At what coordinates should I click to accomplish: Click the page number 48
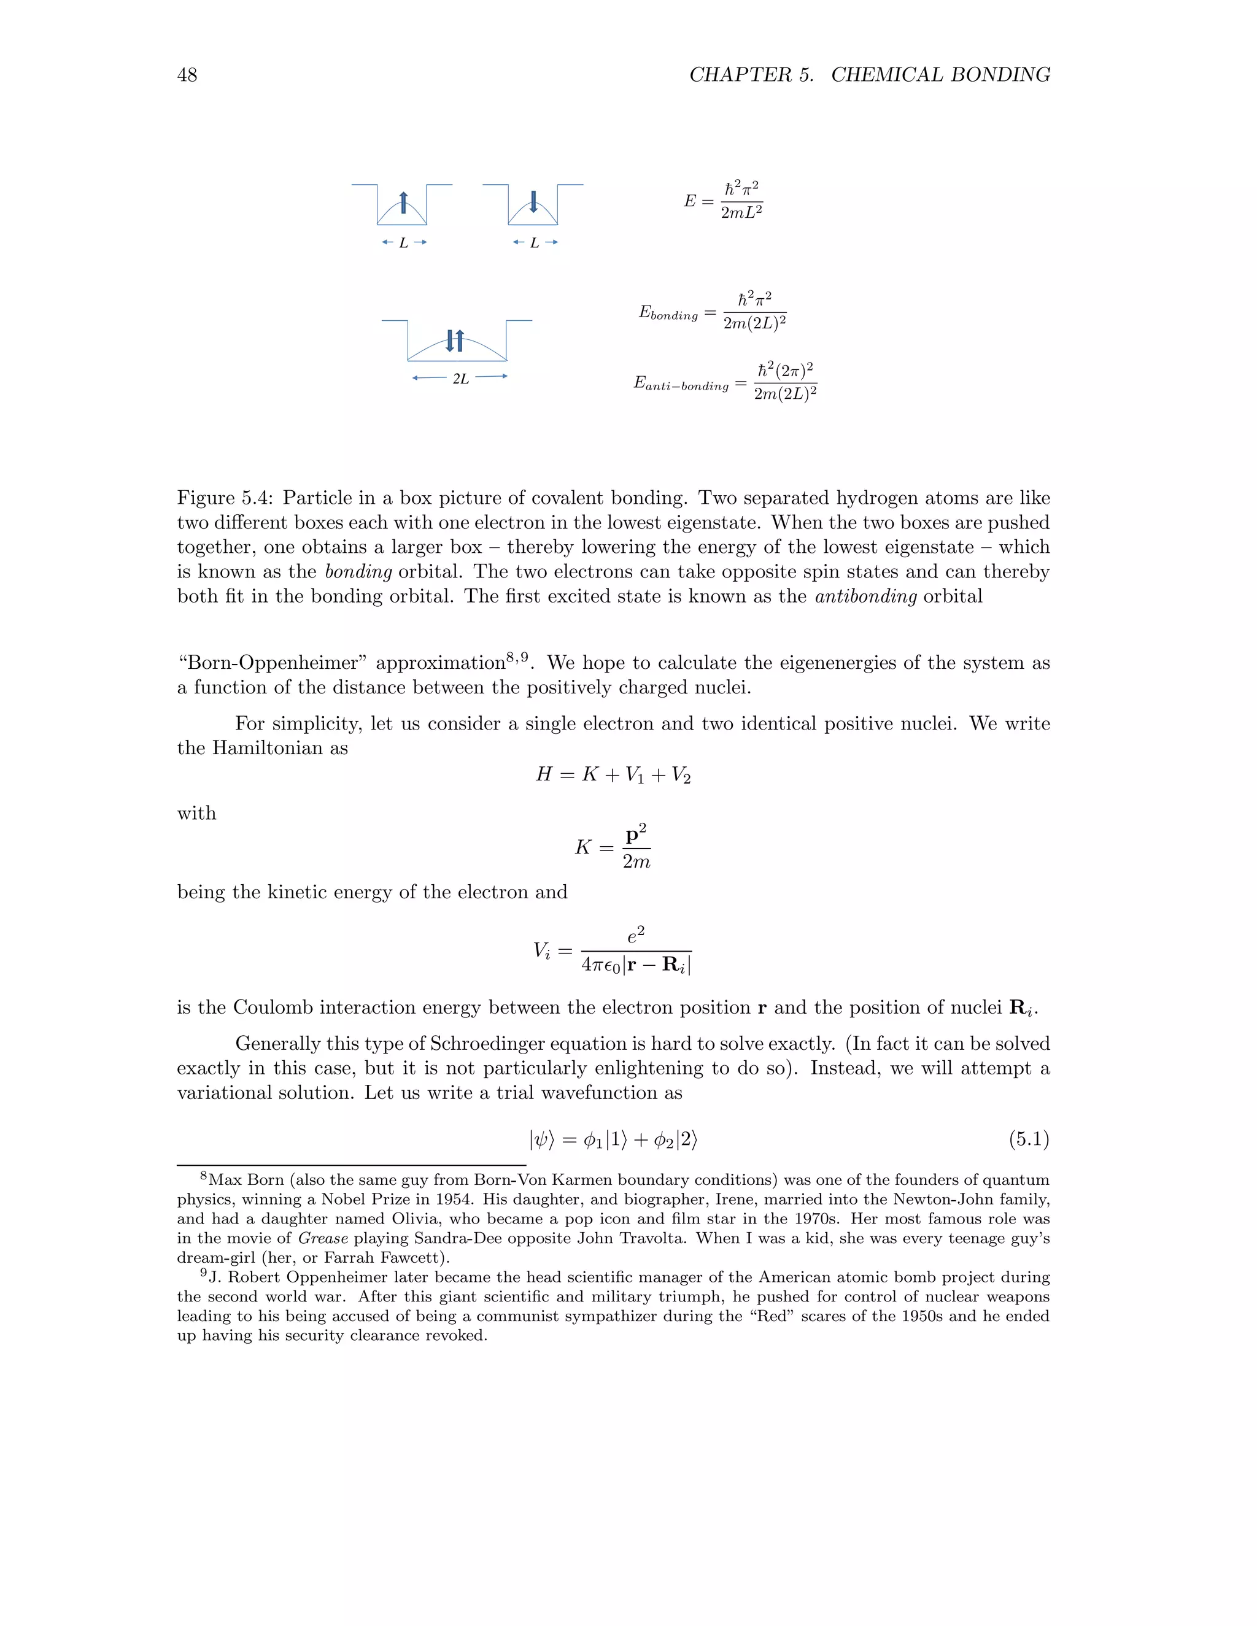tap(187, 75)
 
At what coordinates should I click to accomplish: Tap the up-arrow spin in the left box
tap(403, 202)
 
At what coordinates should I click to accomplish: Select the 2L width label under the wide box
tap(460, 379)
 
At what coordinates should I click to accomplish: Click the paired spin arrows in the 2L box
tap(454, 341)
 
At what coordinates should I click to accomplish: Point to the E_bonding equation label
tap(668, 314)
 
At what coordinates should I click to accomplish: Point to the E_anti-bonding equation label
tap(681, 384)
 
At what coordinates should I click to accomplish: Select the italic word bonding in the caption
tap(358, 572)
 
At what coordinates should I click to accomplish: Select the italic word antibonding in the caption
tap(865, 596)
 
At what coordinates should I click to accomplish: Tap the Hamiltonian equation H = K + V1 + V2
tap(613, 775)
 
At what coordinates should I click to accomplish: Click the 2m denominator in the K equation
tap(636, 862)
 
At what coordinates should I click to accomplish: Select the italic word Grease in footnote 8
tap(322, 1239)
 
